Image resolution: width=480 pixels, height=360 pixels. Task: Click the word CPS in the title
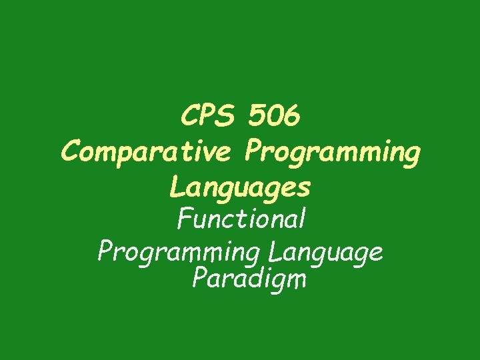pos(208,117)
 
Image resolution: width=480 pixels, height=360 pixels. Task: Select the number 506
pos(274,117)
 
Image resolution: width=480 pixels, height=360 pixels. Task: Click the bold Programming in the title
pos(332,153)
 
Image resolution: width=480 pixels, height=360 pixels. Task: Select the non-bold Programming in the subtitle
pos(177,253)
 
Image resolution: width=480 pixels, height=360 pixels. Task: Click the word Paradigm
pos(249,279)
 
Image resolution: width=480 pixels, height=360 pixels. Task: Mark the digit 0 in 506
pos(274,117)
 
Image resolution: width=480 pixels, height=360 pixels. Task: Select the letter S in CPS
pos(227,117)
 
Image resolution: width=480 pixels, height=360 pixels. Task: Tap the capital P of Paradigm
pos(199,277)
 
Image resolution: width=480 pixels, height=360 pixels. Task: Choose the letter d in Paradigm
pos(257,277)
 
